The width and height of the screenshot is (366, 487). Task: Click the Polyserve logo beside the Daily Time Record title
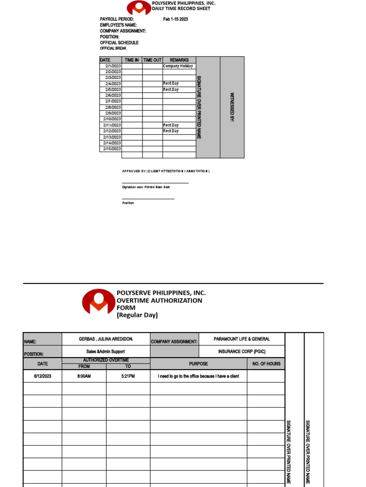[x=139, y=7]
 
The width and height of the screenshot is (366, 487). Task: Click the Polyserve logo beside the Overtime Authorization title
[x=99, y=302]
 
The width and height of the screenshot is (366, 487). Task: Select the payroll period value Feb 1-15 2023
[x=175, y=19]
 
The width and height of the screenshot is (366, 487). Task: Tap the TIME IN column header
[x=132, y=60]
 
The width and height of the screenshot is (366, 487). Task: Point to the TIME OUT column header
[x=152, y=60]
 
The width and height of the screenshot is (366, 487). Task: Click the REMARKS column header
[x=179, y=60]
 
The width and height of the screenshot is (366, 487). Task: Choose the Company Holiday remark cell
[x=178, y=66]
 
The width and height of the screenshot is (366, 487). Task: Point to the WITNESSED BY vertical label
[x=232, y=107]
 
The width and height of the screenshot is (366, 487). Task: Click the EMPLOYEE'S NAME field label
[x=118, y=25]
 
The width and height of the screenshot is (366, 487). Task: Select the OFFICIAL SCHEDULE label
[x=119, y=43]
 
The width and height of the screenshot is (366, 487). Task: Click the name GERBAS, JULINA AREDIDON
[x=106, y=339]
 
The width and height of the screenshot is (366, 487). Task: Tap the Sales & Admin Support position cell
[x=106, y=351]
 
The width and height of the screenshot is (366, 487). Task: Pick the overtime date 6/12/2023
[x=42, y=376]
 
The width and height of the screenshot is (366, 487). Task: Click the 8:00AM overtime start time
[x=84, y=376]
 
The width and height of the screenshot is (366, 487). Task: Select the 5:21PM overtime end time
[x=128, y=376]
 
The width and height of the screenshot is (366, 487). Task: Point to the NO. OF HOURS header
[x=265, y=364]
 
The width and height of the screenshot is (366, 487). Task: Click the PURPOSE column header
[x=198, y=364]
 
